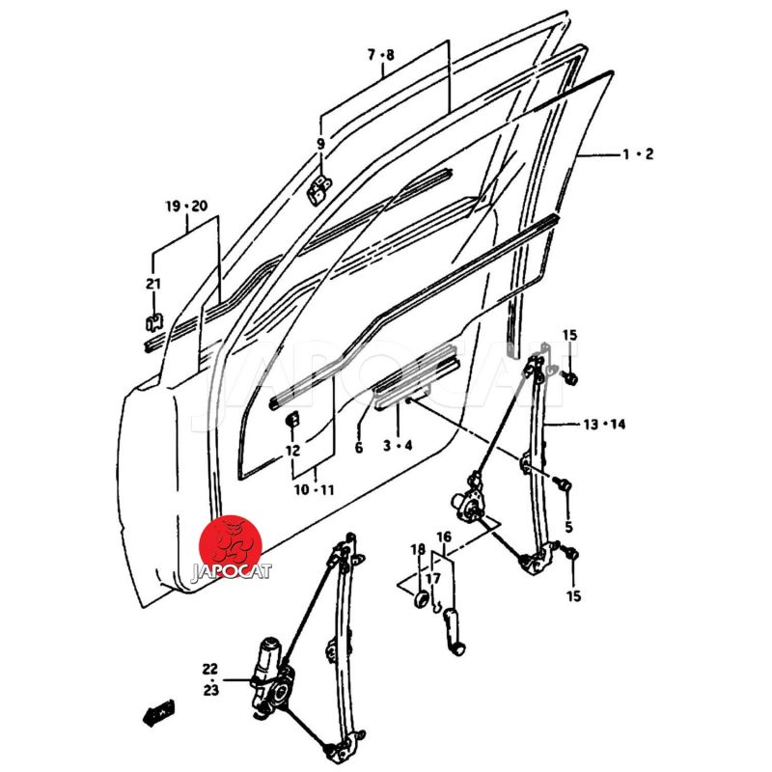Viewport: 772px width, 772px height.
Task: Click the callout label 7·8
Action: [380, 55]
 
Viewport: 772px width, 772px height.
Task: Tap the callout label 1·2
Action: [638, 154]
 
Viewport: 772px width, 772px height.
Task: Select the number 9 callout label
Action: [320, 144]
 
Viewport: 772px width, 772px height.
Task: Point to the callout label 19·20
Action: [185, 207]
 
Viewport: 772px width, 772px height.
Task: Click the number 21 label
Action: [152, 283]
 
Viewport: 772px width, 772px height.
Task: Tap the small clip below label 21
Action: [152, 320]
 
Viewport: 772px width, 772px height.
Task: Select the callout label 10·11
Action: [315, 490]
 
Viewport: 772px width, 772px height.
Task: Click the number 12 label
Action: [292, 450]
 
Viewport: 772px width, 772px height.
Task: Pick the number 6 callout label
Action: [358, 448]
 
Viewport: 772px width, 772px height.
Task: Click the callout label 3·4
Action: [397, 445]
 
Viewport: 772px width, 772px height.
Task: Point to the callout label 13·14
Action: [604, 424]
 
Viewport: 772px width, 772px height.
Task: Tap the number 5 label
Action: [568, 527]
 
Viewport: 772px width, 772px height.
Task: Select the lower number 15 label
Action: [573, 596]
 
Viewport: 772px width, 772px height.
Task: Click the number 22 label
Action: [210, 669]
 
